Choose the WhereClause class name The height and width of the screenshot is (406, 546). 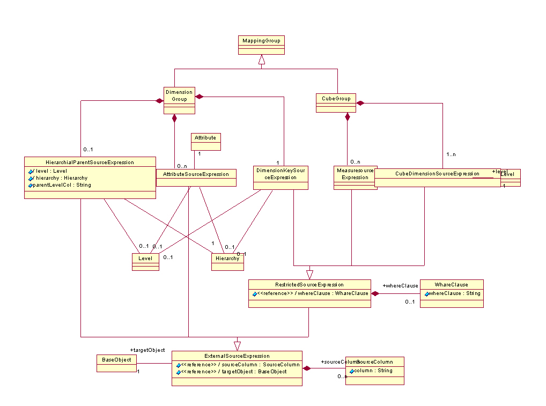(x=451, y=285)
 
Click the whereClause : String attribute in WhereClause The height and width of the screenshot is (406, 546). (x=453, y=293)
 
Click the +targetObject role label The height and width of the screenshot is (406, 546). (x=147, y=350)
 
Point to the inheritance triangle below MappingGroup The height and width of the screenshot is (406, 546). (x=261, y=61)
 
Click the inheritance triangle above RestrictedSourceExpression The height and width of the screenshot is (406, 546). (x=309, y=275)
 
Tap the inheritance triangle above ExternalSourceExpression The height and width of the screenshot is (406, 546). (x=237, y=346)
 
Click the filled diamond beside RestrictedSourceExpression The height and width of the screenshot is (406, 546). (x=376, y=293)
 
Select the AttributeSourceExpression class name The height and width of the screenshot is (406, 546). (x=196, y=174)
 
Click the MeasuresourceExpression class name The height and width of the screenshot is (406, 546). (x=355, y=173)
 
